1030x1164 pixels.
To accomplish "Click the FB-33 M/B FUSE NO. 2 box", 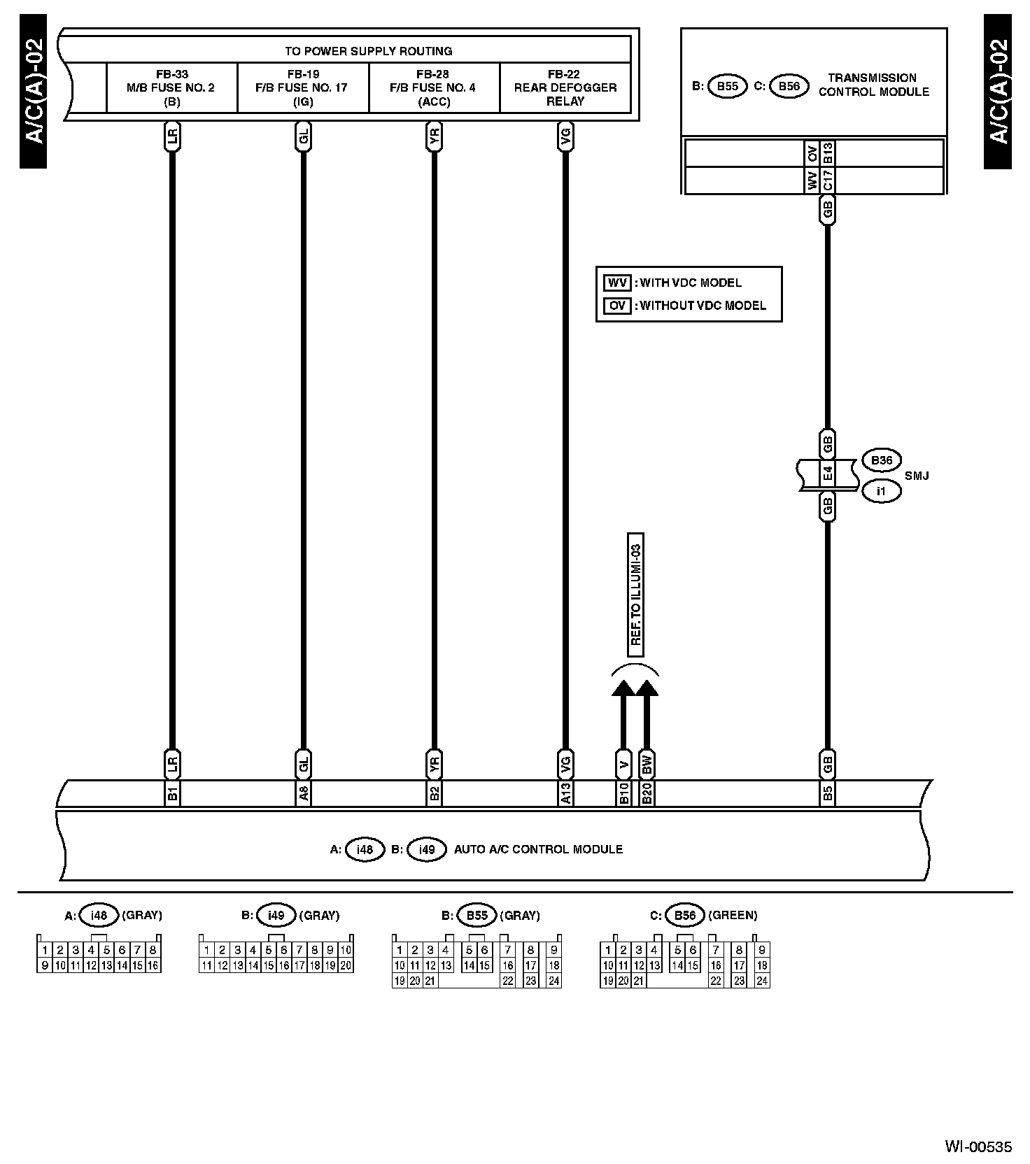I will tap(171, 87).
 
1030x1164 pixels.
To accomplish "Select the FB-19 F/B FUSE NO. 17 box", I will tap(302, 87).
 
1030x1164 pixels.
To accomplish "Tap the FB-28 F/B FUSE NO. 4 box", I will tap(433, 87).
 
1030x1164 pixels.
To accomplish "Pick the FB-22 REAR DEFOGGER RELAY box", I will tap(565, 87).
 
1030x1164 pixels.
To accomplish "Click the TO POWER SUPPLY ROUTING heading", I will tap(368, 51).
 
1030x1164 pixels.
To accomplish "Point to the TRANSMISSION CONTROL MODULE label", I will tap(873, 85).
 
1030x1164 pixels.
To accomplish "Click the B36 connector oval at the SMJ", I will tap(881, 460).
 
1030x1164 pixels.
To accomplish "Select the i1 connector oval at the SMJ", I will tap(881, 491).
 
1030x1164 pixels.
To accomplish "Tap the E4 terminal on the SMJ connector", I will tap(828, 474).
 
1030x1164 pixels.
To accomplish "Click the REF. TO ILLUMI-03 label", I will tap(635, 595).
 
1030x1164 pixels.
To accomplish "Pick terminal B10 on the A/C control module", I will tap(623, 793).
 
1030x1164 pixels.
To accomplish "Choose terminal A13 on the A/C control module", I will tap(565, 793).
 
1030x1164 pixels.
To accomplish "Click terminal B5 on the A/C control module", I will tap(828, 793).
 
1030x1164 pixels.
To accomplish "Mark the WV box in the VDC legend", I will tap(616, 283).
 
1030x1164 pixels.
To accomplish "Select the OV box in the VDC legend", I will tap(616, 306).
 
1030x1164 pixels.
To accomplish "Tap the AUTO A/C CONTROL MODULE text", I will tap(538, 849).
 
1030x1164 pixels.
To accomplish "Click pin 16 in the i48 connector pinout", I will tap(153, 965).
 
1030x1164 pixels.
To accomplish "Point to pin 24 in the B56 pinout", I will tap(762, 981).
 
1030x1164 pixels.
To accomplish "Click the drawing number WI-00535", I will tap(978, 1147).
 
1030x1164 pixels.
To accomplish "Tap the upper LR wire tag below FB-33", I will tap(172, 138).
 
